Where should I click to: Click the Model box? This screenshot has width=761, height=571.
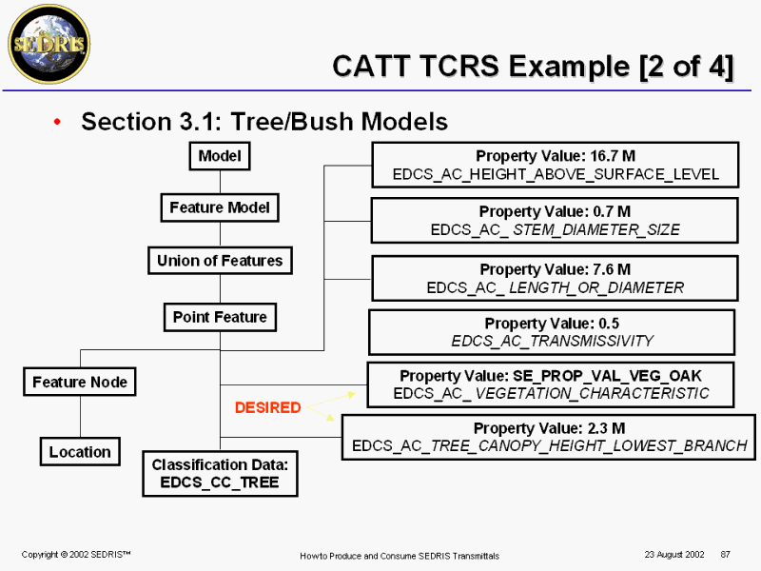[x=220, y=156]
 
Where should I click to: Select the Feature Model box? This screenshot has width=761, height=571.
[x=220, y=207]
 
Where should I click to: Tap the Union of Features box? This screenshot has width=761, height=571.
[x=220, y=261]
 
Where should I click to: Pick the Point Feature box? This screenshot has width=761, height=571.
[x=220, y=317]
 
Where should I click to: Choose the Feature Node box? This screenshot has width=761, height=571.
[x=80, y=383]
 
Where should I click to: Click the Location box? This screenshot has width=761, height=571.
[x=80, y=452]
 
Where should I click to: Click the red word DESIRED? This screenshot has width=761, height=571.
[x=267, y=408]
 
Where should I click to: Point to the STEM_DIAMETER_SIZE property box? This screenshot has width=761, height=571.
[x=555, y=220]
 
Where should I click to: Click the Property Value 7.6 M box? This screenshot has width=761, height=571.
[x=555, y=278]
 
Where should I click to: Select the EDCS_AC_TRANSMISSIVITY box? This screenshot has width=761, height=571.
[x=552, y=331]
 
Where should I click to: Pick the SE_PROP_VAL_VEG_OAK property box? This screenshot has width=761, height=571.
[x=551, y=384]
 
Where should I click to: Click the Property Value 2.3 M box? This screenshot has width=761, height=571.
[x=549, y=437]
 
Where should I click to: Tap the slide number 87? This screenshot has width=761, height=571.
[x=726, y=554]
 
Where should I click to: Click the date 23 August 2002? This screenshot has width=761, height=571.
[x=673, y=554]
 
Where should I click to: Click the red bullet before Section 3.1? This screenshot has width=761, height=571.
[x=58, y=123]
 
